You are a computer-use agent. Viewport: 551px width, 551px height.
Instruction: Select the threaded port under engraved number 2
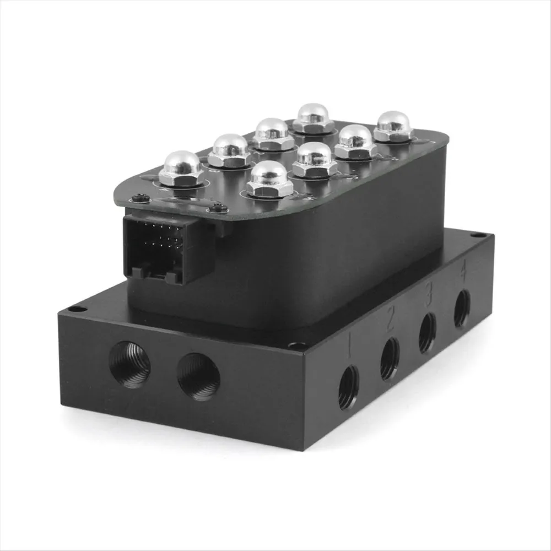click(x=390, y=359)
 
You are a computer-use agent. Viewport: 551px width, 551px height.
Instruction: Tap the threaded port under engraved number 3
click(x=428, y=332)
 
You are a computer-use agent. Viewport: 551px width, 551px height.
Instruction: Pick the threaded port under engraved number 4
click(x=462, y=308)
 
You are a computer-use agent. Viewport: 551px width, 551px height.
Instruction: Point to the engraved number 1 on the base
click(x=349, y=346)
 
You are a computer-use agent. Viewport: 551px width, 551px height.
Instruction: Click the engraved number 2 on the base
click(x=390, y=320)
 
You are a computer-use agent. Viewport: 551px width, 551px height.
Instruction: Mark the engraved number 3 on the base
click(x=428, y=294)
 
